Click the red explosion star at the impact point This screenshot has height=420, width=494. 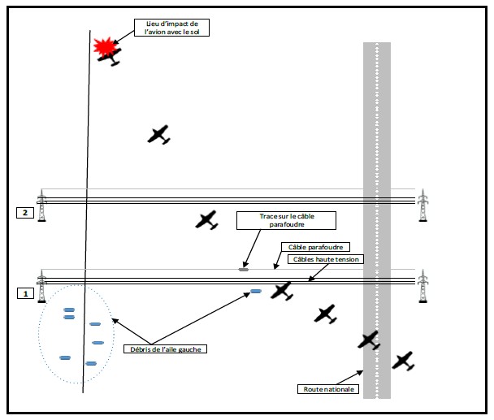click(x=103, y=47)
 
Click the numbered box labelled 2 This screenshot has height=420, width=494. click(x=25, y=213)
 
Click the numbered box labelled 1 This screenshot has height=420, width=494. click(x=25, y=292)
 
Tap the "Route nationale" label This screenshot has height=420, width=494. click(x=328, y=389)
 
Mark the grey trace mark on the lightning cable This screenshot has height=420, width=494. click(x=243, y=269)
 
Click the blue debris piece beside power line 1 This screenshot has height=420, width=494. click(x=255, y=291)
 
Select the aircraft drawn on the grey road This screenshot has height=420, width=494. click(x=370, y=340)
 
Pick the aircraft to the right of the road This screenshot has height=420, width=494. click(x=403, y=361)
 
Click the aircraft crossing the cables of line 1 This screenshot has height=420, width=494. click(x=282, y=290)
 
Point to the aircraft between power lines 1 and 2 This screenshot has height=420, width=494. click(x=208, y=219)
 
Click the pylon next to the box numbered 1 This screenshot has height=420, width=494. click(x=42, y=286)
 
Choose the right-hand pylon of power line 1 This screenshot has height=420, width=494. click(x=422, y=286)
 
